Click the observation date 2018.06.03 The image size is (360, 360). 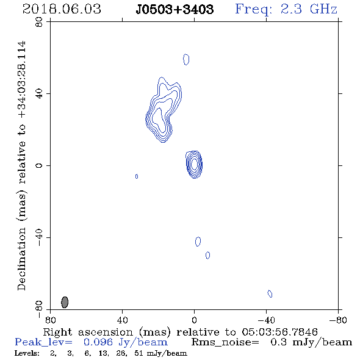click(x=62, y=9)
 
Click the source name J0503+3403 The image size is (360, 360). click(x=175, y=9)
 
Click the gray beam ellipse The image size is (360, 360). click(x=65, y=302)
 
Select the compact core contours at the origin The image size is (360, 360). click(x=194, y=164)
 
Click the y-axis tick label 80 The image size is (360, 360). click(x=39, y=22)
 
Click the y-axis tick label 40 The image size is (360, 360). click(x=39, y=94)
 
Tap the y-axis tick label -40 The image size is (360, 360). click(x=39, y=237)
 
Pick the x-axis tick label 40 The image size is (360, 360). click(x=122, y=320)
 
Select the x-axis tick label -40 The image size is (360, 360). click(x=266, y=320)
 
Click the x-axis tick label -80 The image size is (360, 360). click(x=338, y=320)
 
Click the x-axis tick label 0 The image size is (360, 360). click(x=194, y=320)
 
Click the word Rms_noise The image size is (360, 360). click(x=225, y=342)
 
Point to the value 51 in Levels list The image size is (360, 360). click(x=139, y=353)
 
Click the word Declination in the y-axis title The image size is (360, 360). click(x=22, y=259)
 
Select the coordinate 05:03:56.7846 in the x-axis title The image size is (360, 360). click(x=279, y=332)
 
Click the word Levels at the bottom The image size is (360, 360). click(x=27, y=353)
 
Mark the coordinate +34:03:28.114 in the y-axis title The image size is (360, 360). click(x=22, y=80)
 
